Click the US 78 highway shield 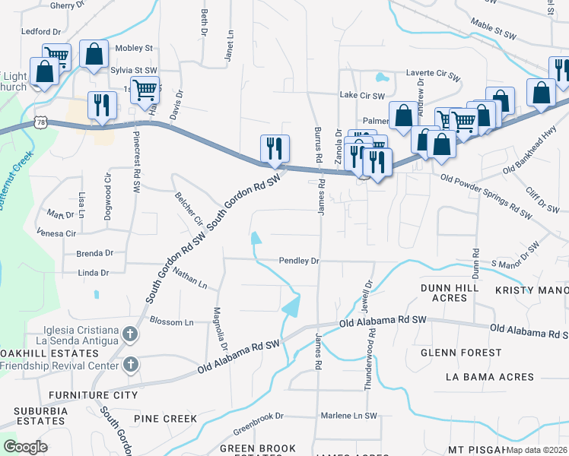click(40, 122)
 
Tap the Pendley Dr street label click(298, 261)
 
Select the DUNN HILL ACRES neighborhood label click(450, 293)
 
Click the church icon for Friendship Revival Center click(130, 365)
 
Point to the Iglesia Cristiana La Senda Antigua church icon click(130, 334)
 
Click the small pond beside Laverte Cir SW click(381, 77)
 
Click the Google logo click(26, 446)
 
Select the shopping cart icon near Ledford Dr click(56, 55)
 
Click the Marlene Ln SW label click(348, 416)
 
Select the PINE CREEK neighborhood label click(165, 419)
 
